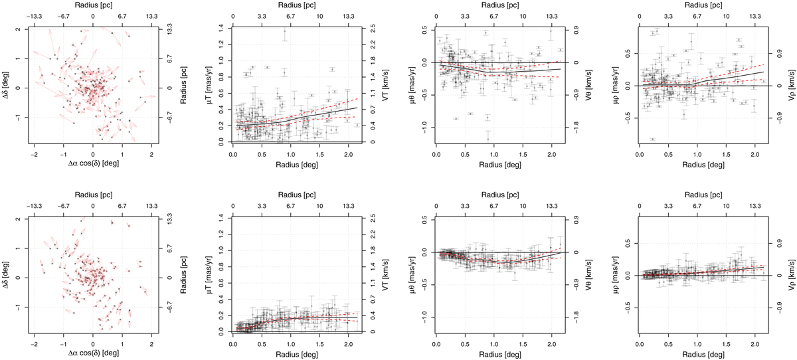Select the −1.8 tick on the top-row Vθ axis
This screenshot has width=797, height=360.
click(x=569, y=124)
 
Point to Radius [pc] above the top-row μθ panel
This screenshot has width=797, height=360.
click(x=499, y=7)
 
